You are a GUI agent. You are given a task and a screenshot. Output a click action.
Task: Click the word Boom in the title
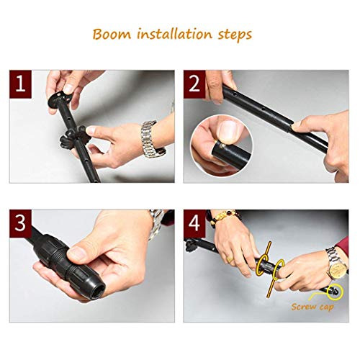pos(112,34)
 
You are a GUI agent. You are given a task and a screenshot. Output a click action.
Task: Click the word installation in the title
pos(175,34)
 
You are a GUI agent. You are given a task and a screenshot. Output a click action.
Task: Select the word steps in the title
pos(235,35)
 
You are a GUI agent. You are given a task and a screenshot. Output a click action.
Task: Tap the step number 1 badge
pos(20,84)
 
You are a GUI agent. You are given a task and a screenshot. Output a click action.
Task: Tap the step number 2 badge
pos(194,84)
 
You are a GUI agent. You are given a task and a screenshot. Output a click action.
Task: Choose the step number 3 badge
pos(20,223)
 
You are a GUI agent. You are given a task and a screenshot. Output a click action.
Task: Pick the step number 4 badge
pos(194,223)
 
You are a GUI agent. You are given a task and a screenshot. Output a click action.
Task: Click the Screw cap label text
pos(312,307)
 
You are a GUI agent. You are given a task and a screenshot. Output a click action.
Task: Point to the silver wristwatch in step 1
pos(152,139)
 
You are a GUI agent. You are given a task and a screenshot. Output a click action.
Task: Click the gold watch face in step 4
pos(338,269)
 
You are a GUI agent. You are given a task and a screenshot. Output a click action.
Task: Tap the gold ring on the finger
pos(230,259)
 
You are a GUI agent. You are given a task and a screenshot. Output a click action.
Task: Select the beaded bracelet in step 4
pos(225,217)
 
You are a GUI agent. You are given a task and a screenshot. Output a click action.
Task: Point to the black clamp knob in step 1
pos(73,136)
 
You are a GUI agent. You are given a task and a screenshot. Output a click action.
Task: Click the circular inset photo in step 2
pos(222,145)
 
